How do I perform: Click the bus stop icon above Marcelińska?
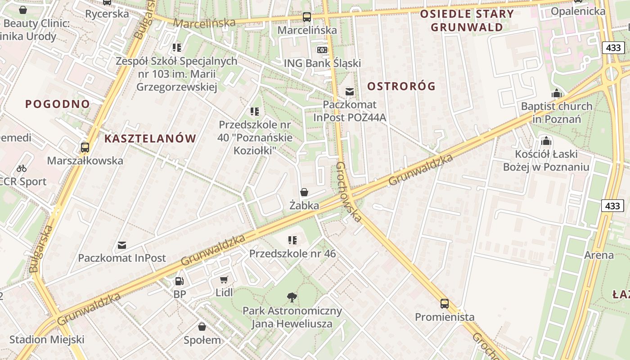pos(307,17)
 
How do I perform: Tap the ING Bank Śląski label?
pos(322,63)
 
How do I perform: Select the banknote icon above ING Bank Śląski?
pos(322,49)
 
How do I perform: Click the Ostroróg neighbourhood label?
pos(401,86)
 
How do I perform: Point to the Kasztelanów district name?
pos(150,139)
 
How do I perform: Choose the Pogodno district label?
pos(58,104)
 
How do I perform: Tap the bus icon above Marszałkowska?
pos(85,147)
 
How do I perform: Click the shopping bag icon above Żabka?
pos(304,193)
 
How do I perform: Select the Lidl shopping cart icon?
pos(224,279)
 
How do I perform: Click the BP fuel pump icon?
pos(179,281)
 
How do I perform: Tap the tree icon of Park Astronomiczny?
pos(292,297)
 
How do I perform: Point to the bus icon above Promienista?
pos(445,303)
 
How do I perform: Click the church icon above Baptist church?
pos(557,94)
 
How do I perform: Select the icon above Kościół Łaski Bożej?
pos(546,141)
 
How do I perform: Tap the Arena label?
pos(598,256)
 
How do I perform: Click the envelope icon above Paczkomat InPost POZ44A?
pos(350,92)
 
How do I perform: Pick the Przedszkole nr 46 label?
pos(292,254)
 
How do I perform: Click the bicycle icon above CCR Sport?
pos(22,168)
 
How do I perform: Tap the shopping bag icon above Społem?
pos(202,327)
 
